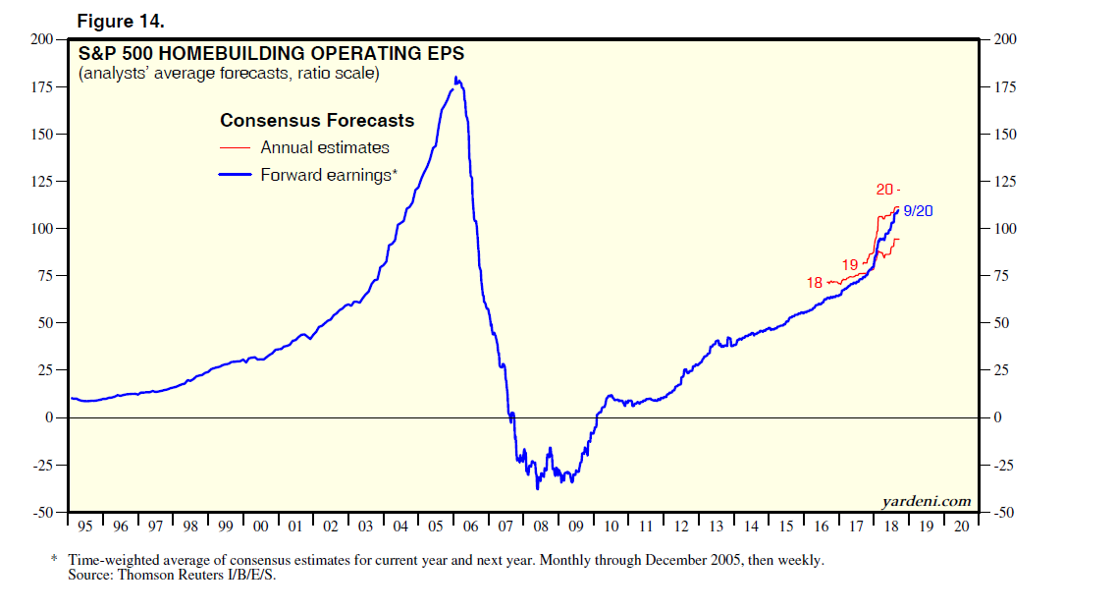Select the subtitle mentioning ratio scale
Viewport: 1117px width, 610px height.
click(x=229, y=74)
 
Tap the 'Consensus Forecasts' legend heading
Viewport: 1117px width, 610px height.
click(x=316, y=121)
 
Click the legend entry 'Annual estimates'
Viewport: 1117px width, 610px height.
click(x=324, y=148)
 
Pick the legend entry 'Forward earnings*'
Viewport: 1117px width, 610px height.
click(x=328, y=176)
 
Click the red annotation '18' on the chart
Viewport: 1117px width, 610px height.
click(x=815, y=283)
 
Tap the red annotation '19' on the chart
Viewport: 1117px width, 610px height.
click(x=850, y=264)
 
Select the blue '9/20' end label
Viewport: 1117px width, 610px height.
click(x=918, y=211)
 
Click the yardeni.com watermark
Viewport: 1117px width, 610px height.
click(x=926, y=501)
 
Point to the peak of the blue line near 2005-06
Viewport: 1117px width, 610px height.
click(x=456, y=79)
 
